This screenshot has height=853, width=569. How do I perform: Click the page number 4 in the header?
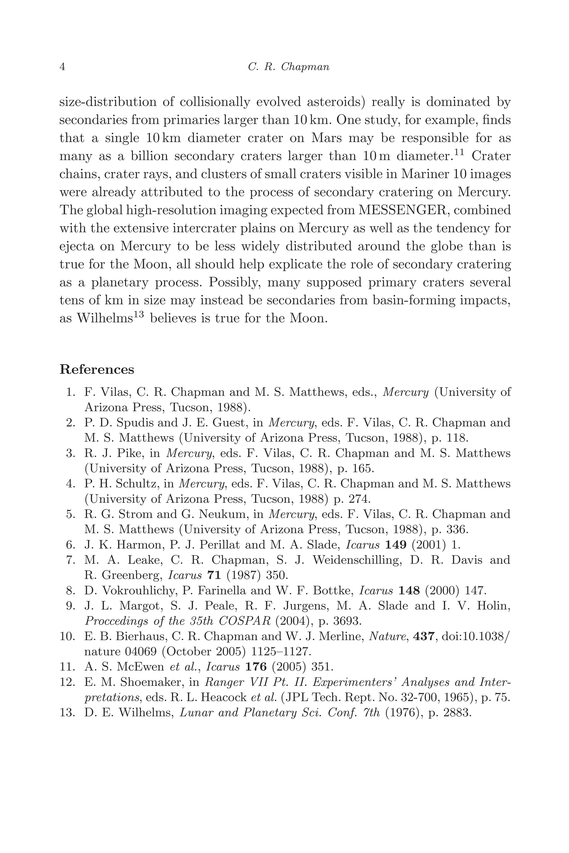click(62, 67)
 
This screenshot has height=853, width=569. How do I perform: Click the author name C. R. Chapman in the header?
click(288, 67)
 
